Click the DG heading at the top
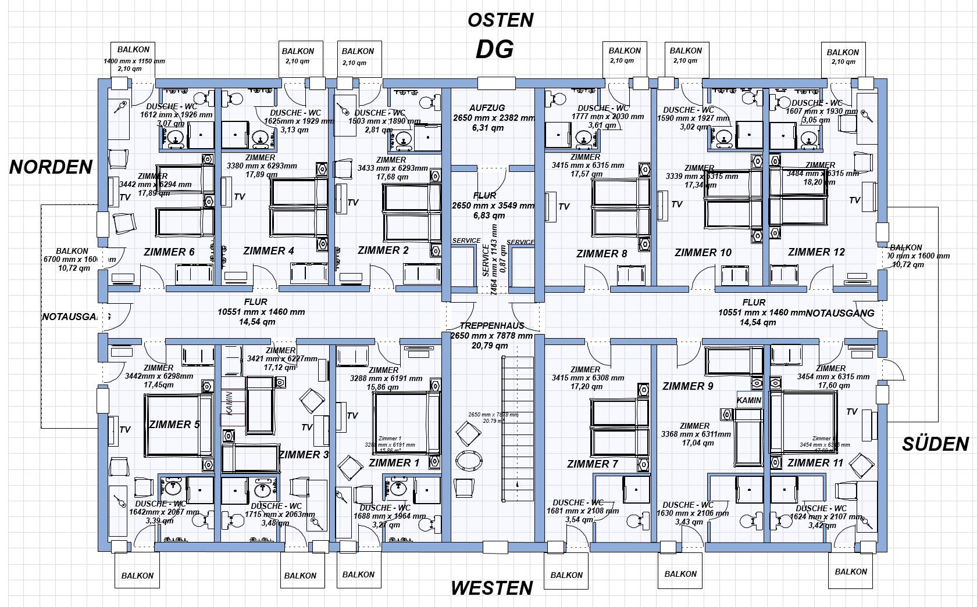(494, 49)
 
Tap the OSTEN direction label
(500, 20)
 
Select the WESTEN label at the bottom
(491, 588)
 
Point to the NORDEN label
(51, 167)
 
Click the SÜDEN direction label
(935, 444)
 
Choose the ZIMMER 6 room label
(169, 252)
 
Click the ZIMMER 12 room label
(816, 252)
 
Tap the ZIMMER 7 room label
(592, 464)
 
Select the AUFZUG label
(487, 108)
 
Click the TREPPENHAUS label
(491, 326)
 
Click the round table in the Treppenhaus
(469, 461)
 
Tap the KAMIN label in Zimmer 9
(748, 400)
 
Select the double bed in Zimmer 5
(179, 425)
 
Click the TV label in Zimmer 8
(564, 206)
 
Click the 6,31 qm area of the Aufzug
(487, 128)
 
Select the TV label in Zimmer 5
(124, 430)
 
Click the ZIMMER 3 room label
(303, 455)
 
